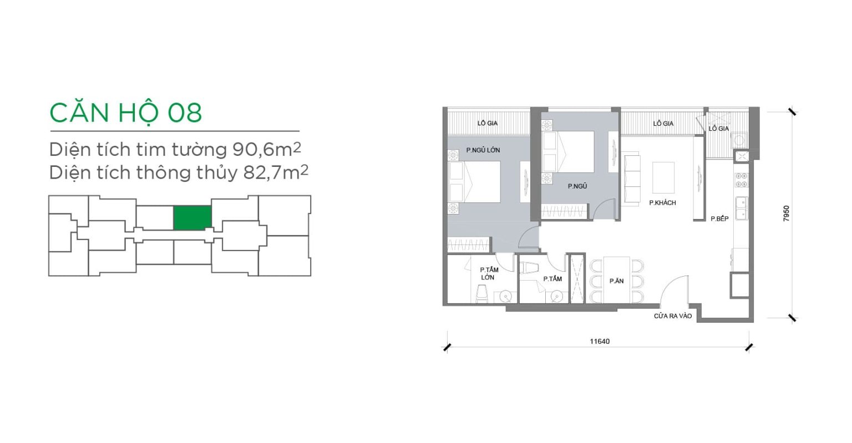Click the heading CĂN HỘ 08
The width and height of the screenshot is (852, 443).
click(x=125, y=113)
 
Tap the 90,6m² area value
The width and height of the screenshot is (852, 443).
click(x=267, y=149)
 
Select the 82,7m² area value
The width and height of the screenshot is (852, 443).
click(x=276, y=172)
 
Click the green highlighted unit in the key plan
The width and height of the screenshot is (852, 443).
click(x=192, y=218)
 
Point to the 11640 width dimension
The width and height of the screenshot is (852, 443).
click(x=600, y=342)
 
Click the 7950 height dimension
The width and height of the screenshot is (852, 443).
click(x=786, y=213)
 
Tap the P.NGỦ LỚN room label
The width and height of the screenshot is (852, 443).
click(x=483, y=150)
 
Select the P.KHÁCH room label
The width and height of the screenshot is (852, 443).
click(x=663, y=203)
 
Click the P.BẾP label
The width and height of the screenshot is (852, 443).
click(x=719, y=218)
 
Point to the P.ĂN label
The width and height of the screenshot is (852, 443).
click(x=617, y=281)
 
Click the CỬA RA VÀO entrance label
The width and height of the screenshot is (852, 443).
click(x=673, y=316)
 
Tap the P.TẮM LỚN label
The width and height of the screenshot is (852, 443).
click(x=489, y=273)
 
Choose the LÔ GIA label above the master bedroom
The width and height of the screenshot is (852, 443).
click(x=488, y=123)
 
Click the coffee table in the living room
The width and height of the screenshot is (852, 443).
click(x=663, y=177)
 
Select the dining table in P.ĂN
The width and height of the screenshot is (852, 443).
click(x=617, y=279)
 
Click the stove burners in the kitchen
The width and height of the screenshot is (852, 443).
click(x=741, y=180)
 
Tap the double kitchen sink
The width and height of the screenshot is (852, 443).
click(x=741, y=208)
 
